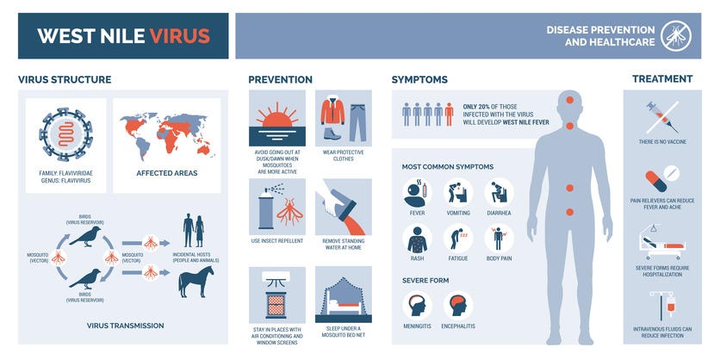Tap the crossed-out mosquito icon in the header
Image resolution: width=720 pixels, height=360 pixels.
[x=676, y=36]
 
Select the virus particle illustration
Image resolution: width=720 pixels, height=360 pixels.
[x=65, y=134]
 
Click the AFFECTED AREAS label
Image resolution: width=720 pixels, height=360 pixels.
[x=167, y=173]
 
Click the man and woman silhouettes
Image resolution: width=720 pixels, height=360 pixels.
[x=193, y=232]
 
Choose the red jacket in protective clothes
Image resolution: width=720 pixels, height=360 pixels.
[x=332, y=112]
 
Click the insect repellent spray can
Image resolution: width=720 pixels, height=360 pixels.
[x=265, y=208]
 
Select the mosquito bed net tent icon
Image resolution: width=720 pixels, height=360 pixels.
[x=344, y=295]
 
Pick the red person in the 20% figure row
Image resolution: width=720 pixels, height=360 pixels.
[x=449, y=114]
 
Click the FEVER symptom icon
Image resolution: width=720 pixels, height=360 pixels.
[x=417, y=193]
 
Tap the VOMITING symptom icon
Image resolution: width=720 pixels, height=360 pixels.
[x=458, y=193]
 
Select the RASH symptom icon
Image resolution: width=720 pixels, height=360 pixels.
[x=417, y=239]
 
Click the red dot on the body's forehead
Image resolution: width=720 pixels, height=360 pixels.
[x=570, y=100]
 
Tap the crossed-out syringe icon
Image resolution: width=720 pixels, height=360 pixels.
[x=662, y=116]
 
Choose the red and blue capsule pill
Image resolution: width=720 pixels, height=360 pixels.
[x=655, y=181]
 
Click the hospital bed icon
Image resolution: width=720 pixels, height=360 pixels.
[x=661, y=244]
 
